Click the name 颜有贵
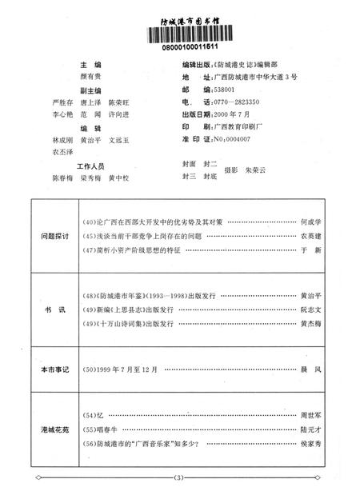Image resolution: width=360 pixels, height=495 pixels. click(94, 77)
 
